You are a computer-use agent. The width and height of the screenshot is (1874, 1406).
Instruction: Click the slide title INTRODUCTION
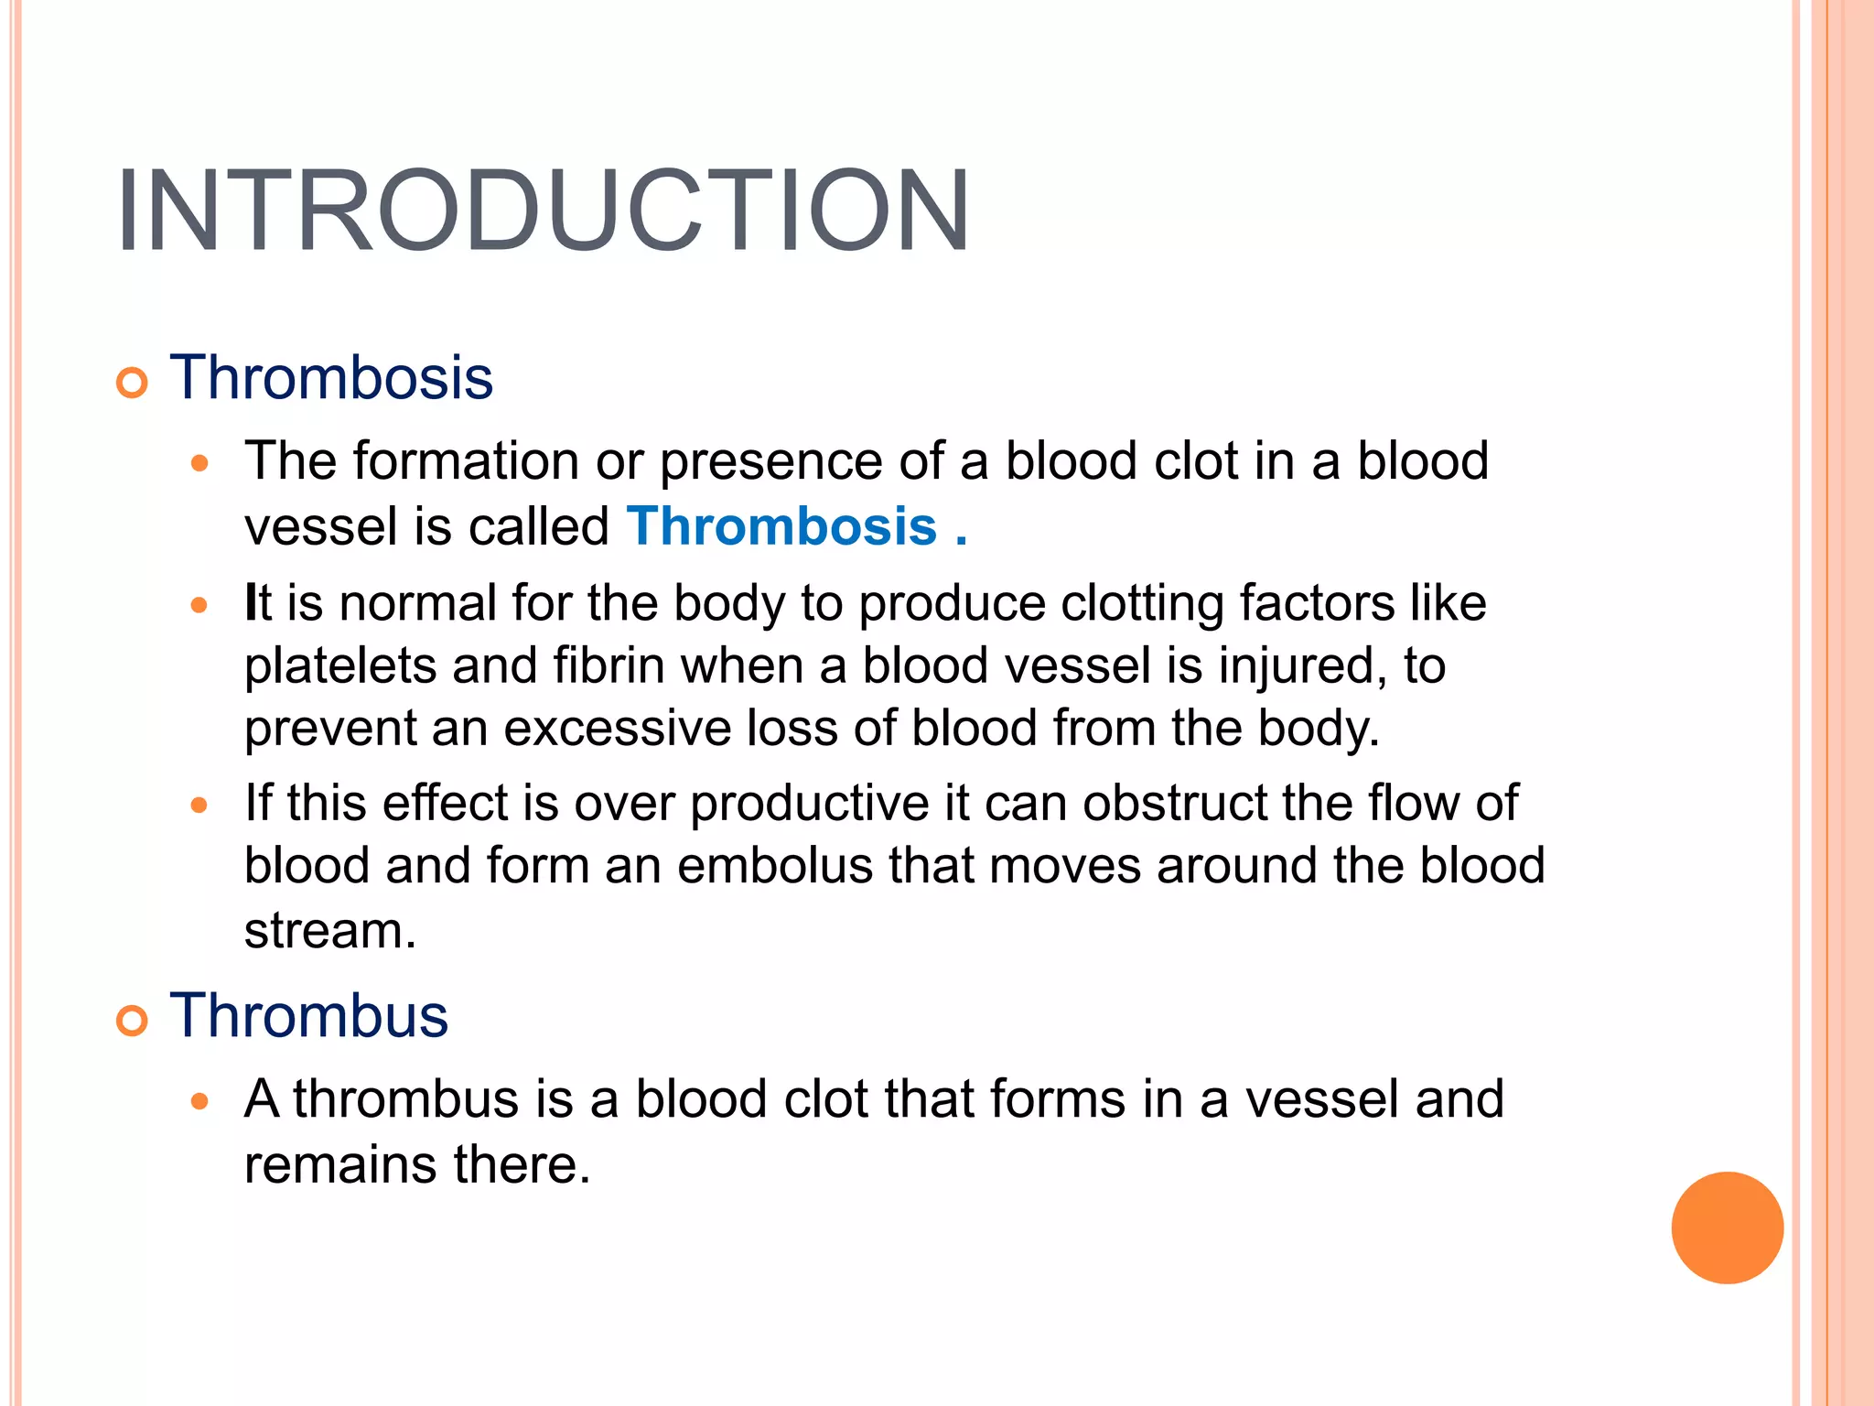point(542,211)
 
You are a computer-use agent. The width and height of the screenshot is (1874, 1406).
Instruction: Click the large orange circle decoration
point(1727,1228)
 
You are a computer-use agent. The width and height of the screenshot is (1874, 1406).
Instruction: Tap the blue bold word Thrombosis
point(781,526)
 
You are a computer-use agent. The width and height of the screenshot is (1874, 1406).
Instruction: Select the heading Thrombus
point(308,1015)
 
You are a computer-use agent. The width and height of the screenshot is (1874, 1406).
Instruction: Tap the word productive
point(809,803)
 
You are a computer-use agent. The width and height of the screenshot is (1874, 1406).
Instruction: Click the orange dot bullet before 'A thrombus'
point(199,1101)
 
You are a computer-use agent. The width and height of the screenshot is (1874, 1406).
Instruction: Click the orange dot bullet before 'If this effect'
point(199,806)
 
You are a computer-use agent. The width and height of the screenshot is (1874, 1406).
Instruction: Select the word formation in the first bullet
point(466,460)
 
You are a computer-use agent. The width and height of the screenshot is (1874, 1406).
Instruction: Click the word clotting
point(1141,603)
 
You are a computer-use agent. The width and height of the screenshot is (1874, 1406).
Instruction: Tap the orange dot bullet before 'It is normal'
point(199,605)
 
